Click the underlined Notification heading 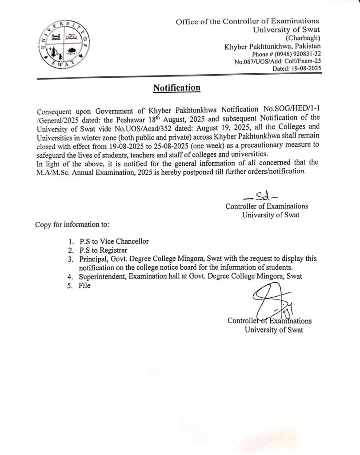click(176, 88)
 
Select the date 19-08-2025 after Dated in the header click(304, 70)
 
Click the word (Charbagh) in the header click(305, 38)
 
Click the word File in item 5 click(84, 286)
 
